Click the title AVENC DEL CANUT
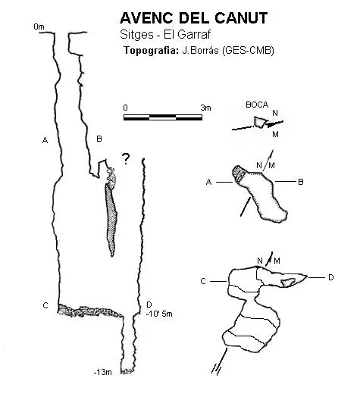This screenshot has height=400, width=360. click(194, 18)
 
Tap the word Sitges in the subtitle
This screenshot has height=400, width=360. click(136, 35)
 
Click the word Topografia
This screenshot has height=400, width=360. click(151, 51)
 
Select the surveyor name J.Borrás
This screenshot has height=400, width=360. click(200, 50)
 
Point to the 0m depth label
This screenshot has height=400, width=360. click(39, 27)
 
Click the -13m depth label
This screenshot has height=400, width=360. click(103, 372)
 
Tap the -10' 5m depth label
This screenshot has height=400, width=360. click(159, 314)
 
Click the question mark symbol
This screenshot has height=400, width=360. click(126, 159)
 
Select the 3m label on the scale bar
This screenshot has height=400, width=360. click(205, 108)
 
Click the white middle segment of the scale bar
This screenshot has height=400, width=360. click(163, 117)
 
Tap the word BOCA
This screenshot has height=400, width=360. click(257, 105)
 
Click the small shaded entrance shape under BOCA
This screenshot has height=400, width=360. click(260, 122)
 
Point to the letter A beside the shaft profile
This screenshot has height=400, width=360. click(45, 140)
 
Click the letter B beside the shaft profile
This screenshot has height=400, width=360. click(99, 139)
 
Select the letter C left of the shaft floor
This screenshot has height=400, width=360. click(45, 305)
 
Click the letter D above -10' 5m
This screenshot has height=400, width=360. click(149, 305)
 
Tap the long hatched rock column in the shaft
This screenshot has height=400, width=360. click(111, 220)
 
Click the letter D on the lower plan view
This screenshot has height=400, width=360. click(330, 277)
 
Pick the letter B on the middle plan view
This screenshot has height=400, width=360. click(301, 182)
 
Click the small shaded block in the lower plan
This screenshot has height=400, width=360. click(288, 282)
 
